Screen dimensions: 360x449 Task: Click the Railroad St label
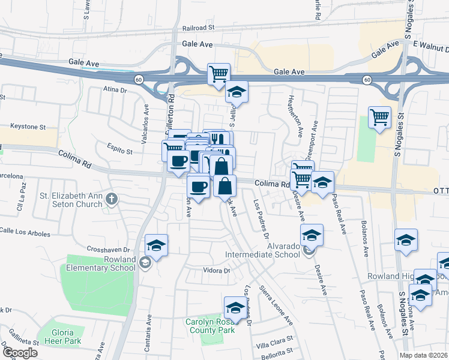pos(199,28)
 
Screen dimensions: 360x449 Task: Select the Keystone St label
pos(28,127)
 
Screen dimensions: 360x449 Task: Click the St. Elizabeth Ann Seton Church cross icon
pos(110,199)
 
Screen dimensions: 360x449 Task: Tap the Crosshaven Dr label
pos(110,249)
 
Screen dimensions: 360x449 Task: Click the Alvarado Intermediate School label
pos(262,250)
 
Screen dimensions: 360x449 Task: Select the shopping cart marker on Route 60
pos(218,74)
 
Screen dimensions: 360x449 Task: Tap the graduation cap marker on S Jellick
pos(236,92)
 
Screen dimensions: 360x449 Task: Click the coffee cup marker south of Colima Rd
pos(199,185)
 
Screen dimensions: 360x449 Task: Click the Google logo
pos(20,353)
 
